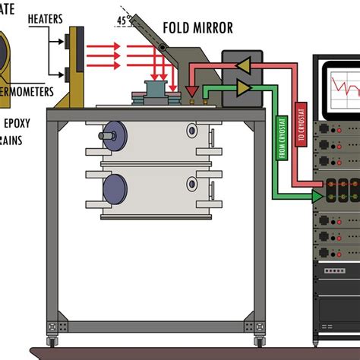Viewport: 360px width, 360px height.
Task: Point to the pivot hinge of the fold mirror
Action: pos(162,49)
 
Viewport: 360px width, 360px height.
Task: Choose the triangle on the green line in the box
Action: pos(242,90)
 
